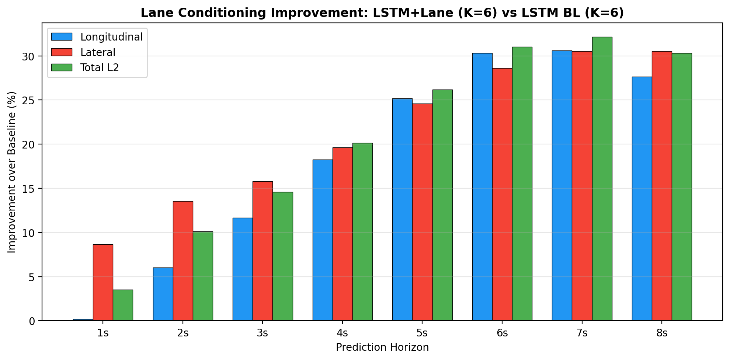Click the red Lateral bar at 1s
click(103, 282)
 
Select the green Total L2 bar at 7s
click(602, 179)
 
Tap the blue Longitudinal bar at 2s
click(163, 294)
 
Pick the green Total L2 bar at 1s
click(123, 305)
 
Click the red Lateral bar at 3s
click(263, 251)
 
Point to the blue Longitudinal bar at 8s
click(642, 199)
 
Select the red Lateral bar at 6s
click(502, 194)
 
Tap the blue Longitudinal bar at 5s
click(402, 209)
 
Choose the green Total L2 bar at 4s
click(362, 232)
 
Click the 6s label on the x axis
click(502, 333)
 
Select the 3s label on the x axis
click(263, 333)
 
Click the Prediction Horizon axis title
click(382, 347)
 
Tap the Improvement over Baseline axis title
click(12, 172)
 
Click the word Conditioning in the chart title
click(211, 13)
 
